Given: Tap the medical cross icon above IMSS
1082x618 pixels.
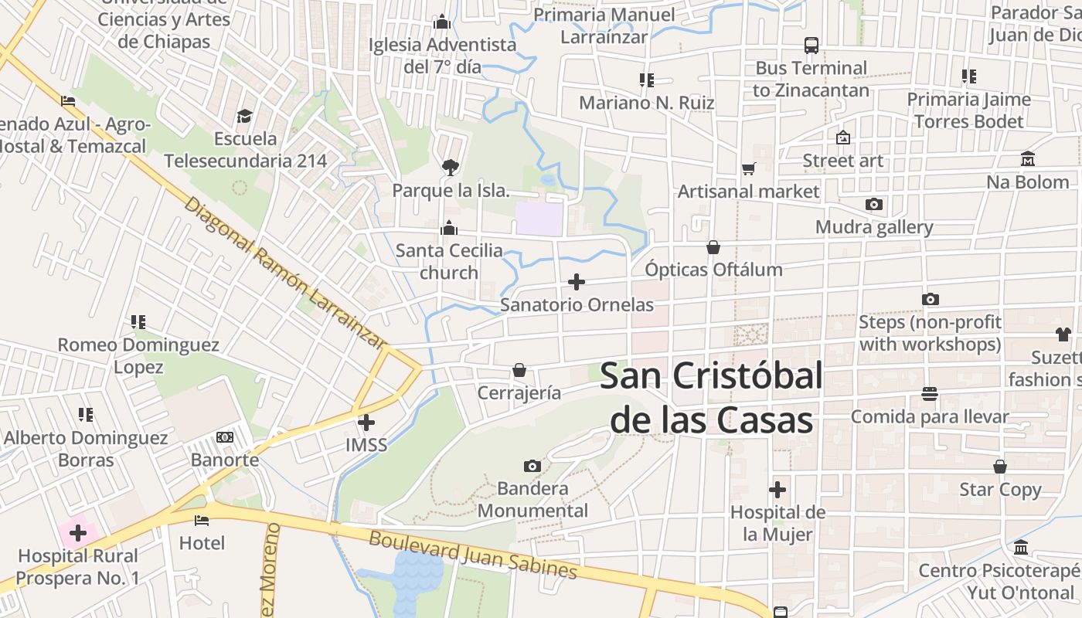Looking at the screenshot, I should point(366,423).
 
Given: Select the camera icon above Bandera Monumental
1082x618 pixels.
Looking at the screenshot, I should point(532,466).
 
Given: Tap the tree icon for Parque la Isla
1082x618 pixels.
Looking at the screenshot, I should point(450,167).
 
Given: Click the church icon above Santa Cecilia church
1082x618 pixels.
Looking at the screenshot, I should point(449,228).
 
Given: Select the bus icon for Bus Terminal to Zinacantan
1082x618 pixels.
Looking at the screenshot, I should point(811,46).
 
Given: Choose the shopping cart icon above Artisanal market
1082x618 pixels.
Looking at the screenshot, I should point(748,168).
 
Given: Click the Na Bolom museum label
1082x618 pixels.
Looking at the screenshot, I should point(1027,182).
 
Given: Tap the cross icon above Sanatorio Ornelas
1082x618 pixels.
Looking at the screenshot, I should point(577,282).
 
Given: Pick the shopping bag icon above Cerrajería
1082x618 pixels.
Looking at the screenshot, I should point(519,371).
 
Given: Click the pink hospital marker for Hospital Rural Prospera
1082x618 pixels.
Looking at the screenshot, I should point(78,532).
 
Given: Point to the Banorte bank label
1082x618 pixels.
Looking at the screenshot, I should point(225,460).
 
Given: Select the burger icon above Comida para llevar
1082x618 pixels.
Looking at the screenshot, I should point(929,394).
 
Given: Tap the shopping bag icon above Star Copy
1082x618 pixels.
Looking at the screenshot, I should point(1000,467).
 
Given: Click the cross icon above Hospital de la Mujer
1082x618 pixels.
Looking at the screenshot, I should point(777,490).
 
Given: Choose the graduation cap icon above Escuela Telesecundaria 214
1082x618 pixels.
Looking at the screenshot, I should point(245,116).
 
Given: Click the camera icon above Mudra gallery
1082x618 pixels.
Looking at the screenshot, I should point(874,205).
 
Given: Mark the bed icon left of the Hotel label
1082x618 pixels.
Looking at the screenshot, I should point(202,520).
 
